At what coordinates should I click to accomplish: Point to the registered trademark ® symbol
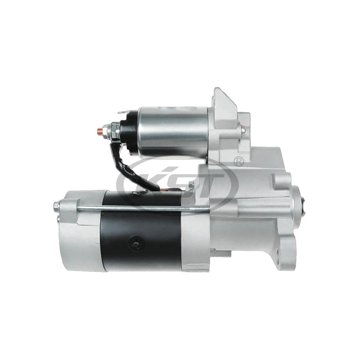[x=239, y=160]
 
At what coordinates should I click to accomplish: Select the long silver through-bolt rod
[x=135, y=208]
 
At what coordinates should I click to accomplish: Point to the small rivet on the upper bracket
[x=243, y=130]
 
